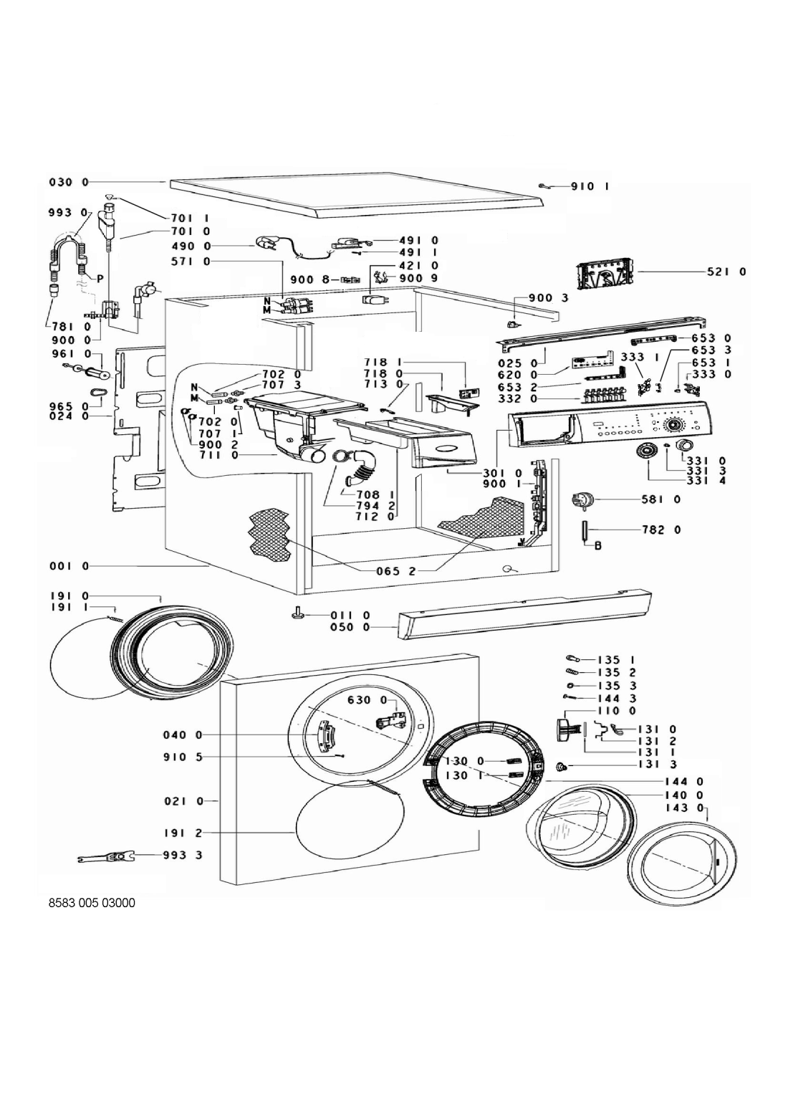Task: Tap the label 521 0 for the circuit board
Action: point(727,272)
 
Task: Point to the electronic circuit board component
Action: point(605,274)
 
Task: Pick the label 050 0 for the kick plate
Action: point(350,627)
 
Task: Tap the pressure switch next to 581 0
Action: point(581,502)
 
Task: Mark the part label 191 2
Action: point(184,834)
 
